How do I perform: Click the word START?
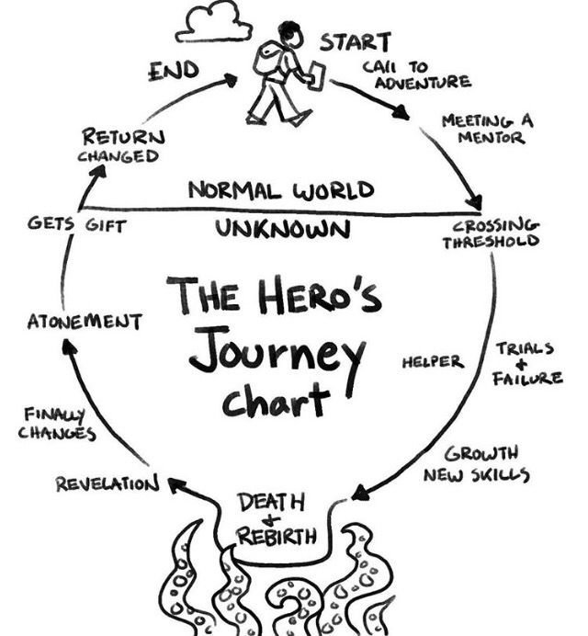(x=355, y=42)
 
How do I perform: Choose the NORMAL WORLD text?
(x=281, y=191)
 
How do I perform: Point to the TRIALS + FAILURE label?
(x=528, y=363)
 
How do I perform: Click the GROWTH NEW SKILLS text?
(x=476, y=464)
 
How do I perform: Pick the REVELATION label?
(x=107, y=483)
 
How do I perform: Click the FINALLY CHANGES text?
(x=56, y=424)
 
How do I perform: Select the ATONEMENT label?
(x=84, y=322)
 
